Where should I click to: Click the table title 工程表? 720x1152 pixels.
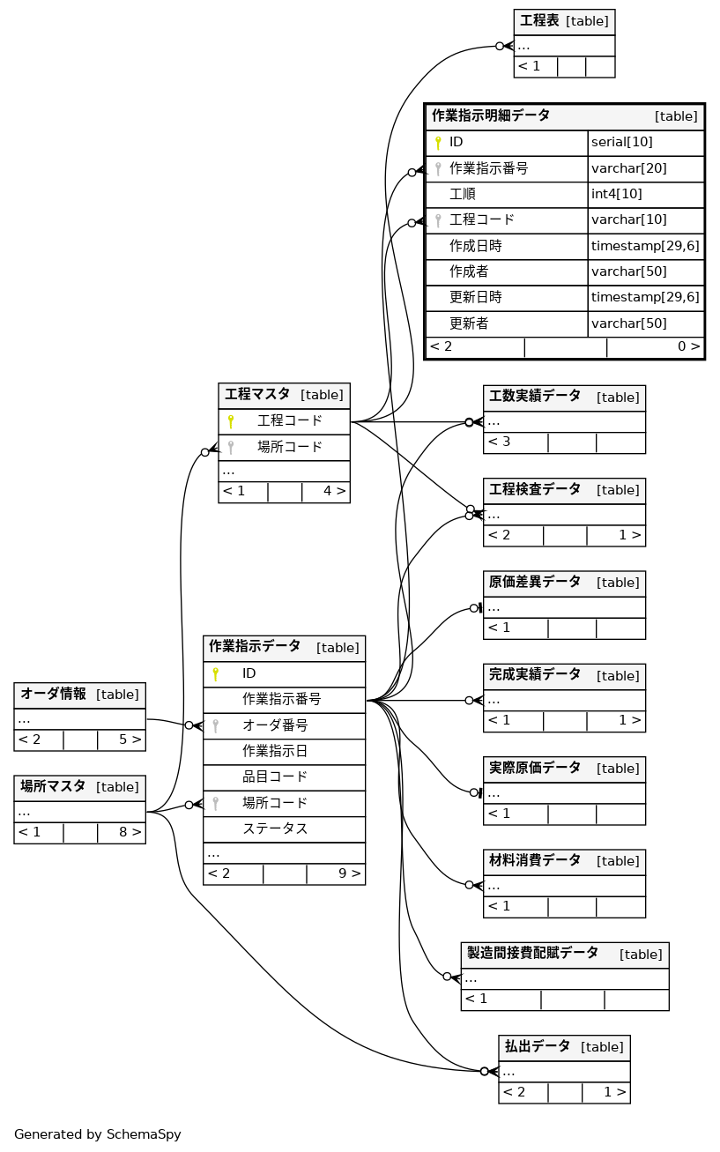pos(539,20)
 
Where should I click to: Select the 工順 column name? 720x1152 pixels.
pos(463,194)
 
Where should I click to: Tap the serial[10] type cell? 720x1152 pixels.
pos(621,142)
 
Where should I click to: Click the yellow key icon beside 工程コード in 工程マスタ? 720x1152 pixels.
pos(231,421)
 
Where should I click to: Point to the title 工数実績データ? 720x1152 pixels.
pos(535,397)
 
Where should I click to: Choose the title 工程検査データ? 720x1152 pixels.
pos(535,489)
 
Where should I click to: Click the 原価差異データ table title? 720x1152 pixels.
pos(535,582)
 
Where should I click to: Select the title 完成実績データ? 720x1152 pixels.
pos(535,675)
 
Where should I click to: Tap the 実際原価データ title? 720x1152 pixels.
pos(535,768)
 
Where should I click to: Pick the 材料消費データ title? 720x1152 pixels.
pos(535,860)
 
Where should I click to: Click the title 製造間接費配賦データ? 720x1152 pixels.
pos(532,954)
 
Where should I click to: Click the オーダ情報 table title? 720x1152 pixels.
pos(53,694)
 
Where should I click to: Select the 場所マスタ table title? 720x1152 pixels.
pos(53,786)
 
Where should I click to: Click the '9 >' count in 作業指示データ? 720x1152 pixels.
pos(349,873)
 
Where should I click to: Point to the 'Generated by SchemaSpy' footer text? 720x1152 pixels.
pos(98,1134)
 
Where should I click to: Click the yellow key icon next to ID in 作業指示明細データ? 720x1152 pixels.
pos(437,143)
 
